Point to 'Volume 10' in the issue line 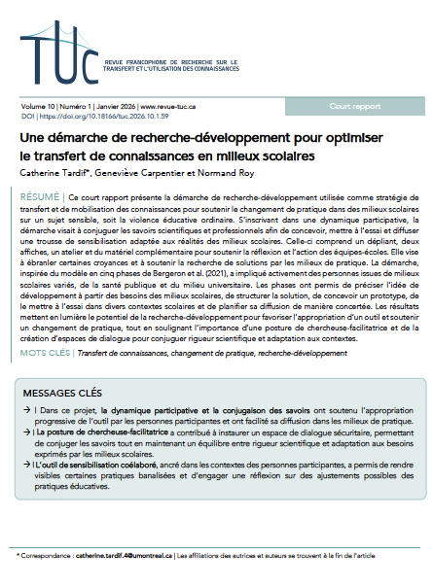37,104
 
